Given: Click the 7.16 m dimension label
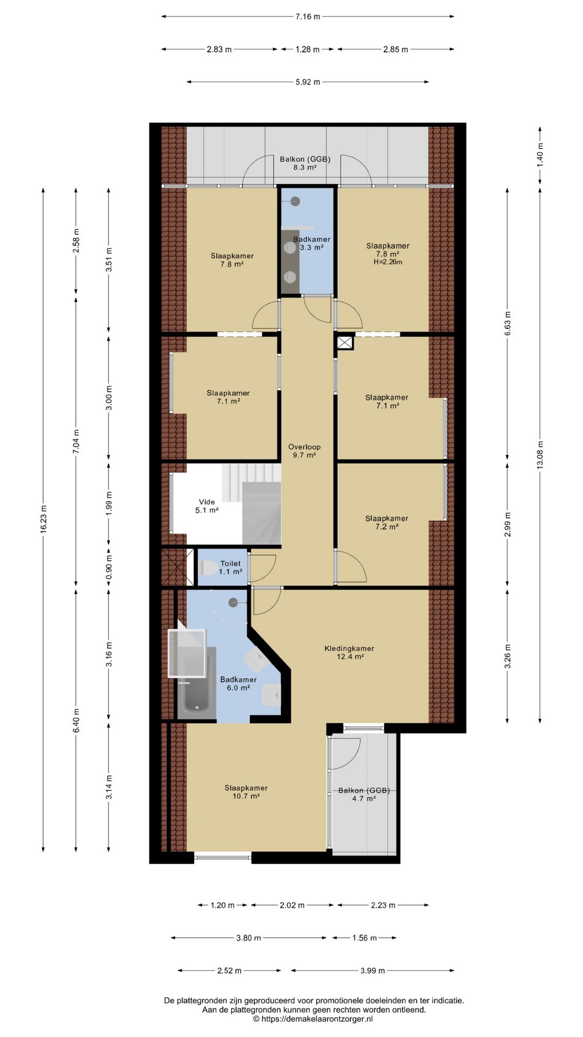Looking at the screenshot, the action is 308,17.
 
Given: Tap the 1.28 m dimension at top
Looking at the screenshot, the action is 307,50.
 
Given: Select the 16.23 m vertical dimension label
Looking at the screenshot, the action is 44,520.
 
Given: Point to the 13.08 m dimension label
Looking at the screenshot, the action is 540,456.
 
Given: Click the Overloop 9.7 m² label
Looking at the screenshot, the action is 304,451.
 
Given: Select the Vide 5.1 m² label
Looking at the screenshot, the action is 207,506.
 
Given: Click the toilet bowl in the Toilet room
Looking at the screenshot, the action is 208,568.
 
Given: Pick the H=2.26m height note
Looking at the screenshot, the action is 388,262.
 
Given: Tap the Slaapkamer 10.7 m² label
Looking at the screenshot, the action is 246,792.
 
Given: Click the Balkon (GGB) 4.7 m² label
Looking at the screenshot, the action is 364,794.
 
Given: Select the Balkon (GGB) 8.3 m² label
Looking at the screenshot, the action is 305,163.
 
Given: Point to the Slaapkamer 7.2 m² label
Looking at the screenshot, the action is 387,522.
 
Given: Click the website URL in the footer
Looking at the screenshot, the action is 317,1019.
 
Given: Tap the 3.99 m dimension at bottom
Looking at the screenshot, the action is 372,971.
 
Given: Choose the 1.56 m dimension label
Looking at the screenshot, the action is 364,938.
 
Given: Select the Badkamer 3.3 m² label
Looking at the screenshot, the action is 311,244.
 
